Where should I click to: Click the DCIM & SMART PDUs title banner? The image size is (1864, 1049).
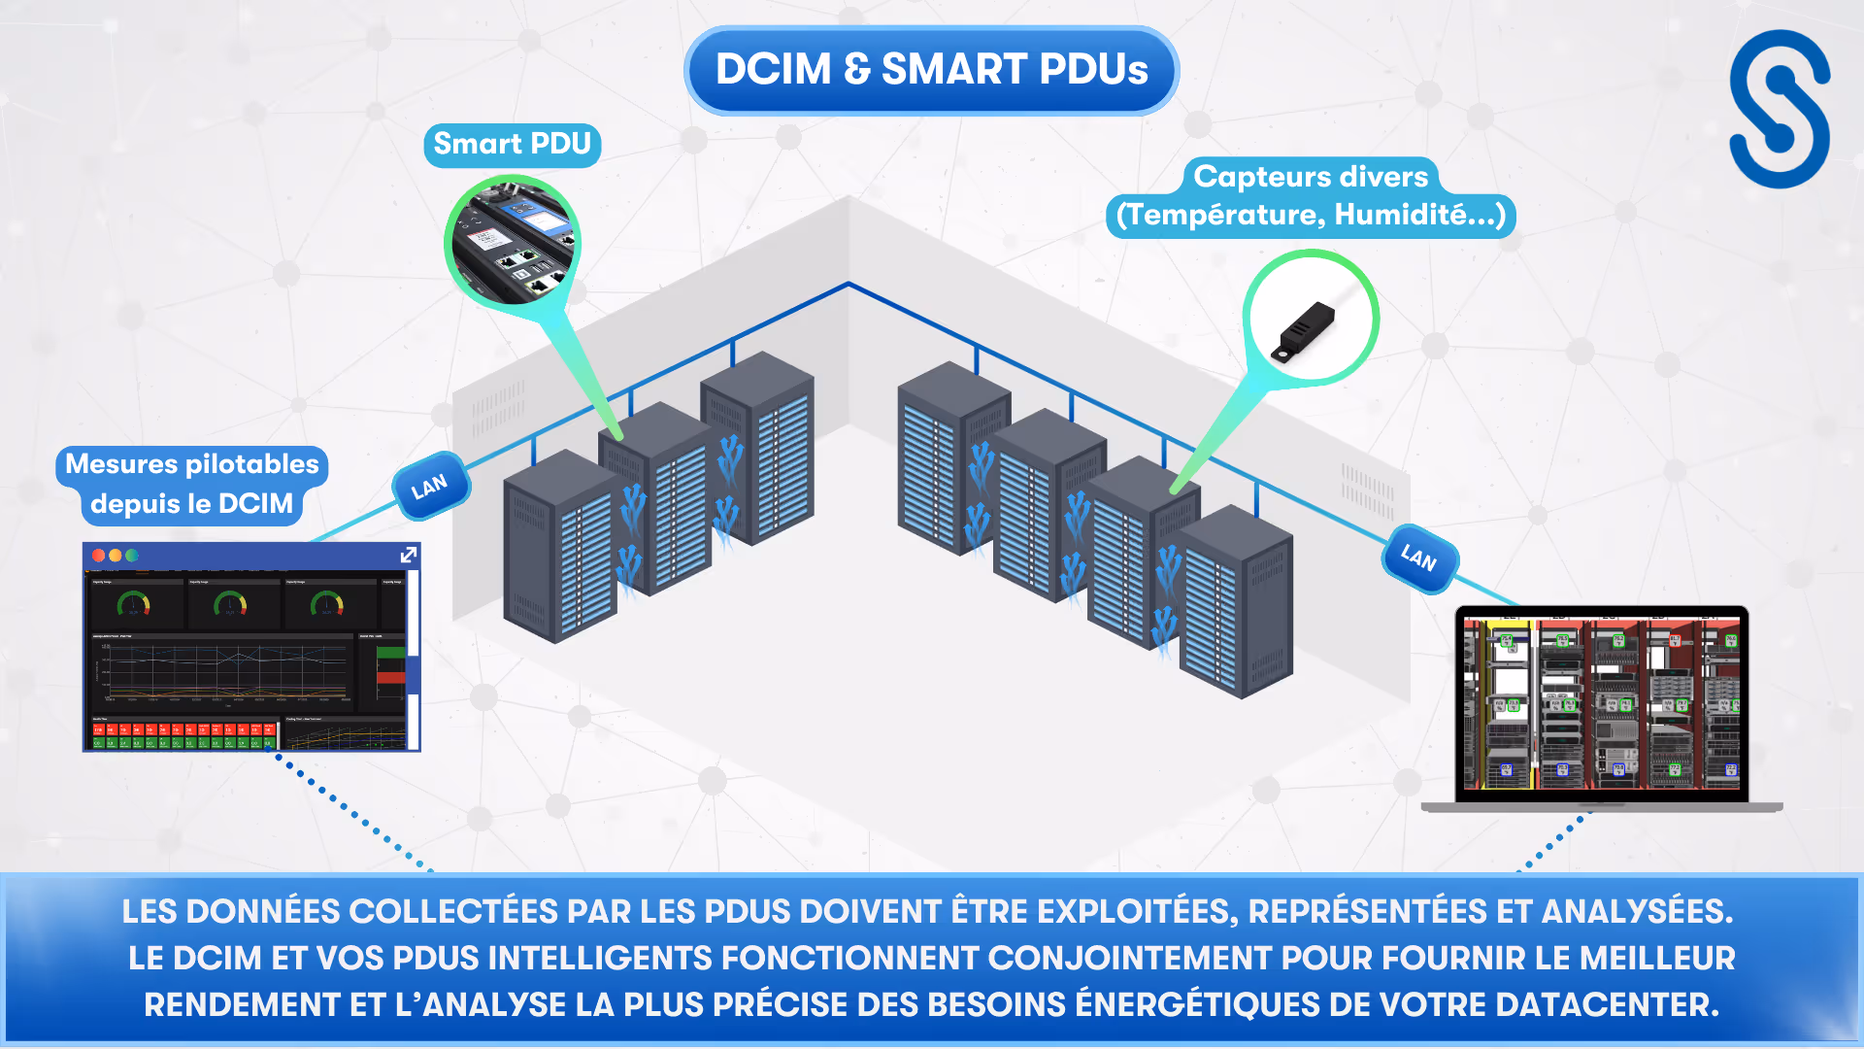click(931, 70)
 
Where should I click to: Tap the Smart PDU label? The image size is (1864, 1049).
click(512, 145)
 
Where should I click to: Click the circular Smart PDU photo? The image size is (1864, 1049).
click(512, 240)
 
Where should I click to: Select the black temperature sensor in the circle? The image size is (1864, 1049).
click(1305, 328)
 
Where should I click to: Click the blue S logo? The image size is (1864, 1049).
click(1780, 109)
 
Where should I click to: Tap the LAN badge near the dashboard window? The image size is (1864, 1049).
click(430, 486)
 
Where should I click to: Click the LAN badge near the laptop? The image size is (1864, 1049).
click(1418, 558)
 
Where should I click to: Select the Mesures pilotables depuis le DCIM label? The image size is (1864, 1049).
click(192, 484)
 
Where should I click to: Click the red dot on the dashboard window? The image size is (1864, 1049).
click(98, 556)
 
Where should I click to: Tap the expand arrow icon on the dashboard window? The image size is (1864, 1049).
click(409, 555)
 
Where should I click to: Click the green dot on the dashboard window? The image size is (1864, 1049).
click(132, 556)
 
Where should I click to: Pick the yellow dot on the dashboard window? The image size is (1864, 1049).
click(116, 556)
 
